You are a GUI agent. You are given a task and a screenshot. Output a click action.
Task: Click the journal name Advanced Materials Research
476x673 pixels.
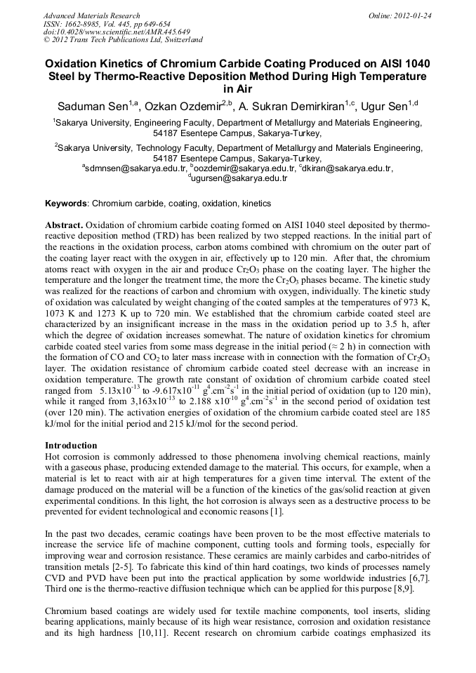(x=91, y=15)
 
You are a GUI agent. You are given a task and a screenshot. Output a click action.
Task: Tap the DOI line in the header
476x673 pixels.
(x=117, y=32)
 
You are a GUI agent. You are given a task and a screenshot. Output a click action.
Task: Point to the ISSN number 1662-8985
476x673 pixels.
(x=84, y=24)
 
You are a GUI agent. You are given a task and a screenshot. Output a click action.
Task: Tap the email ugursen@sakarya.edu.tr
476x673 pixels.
(x=239, y=178)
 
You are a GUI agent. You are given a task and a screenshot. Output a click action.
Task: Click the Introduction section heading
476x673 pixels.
(x=71, y=446)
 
